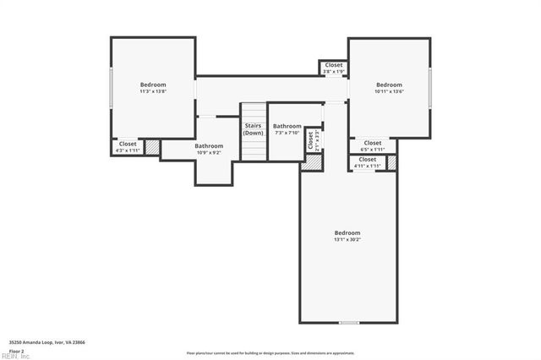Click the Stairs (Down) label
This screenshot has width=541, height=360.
click(253, 129)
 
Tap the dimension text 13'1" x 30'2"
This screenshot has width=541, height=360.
click(347, 239)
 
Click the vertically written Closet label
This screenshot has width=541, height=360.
click(311, 139)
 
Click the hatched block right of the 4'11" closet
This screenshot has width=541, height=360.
click(392, 162)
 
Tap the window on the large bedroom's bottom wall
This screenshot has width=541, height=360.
click(348, 323)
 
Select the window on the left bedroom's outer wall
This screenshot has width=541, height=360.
click(112, 87)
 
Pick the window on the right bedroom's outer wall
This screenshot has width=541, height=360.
click(431, 87)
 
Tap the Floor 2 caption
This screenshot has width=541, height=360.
click(17, 349)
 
